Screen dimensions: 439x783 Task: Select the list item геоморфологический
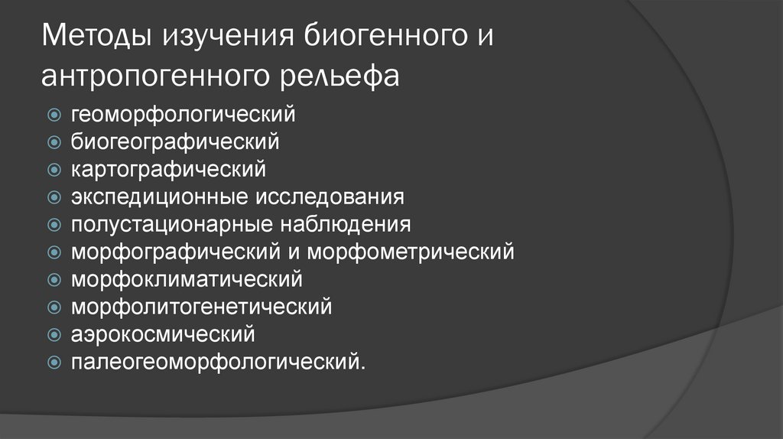[184, 115]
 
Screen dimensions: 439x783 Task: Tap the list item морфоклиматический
[187, 279]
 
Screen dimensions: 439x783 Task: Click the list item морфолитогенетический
[202, 307]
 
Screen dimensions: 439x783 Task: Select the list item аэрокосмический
[163, 334]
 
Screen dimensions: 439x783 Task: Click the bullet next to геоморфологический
[54, 115]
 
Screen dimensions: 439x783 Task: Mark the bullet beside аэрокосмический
[54, 335]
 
